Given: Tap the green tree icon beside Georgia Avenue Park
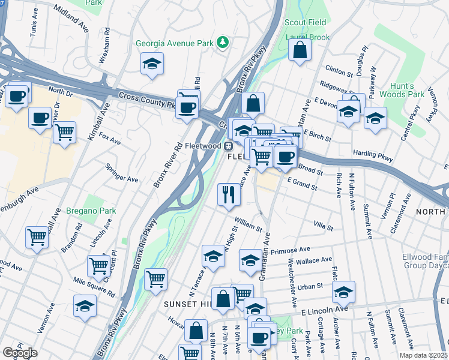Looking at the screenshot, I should point(223,42).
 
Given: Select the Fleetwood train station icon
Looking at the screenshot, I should point(228,145).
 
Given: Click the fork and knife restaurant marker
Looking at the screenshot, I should point(228,195).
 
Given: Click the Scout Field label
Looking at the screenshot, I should point(306,23).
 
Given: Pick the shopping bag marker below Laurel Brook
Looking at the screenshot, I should point(300,50).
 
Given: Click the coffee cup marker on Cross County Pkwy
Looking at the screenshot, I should point(188,107).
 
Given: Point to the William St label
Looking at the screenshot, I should point(249,224).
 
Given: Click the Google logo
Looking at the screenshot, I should point(20,353).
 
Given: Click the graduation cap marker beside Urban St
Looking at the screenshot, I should point(343,292).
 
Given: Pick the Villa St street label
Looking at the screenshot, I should point(323,225).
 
